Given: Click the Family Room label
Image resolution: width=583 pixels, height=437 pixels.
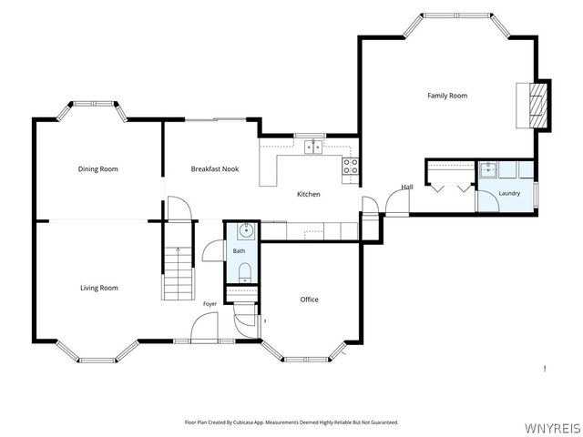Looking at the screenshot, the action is tap(447, 96).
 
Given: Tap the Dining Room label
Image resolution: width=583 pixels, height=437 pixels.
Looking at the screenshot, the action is tap(98, 169).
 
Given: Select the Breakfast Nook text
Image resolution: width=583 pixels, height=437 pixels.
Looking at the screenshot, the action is tap(215, 169).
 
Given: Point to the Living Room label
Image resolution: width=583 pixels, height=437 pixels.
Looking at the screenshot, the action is tap(99, 288).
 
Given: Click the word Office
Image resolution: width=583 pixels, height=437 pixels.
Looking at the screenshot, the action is tap(310, 300).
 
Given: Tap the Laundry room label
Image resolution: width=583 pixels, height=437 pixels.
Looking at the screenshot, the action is tap(509, 193).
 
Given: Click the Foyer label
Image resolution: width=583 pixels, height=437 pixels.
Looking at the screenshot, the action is tap(210, 304).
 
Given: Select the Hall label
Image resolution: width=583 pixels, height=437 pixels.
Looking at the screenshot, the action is tap(407, 187).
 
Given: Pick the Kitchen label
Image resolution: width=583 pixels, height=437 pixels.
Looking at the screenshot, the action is tap(309, 194).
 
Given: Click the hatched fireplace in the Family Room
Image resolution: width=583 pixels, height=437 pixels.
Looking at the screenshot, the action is tap(538, 106).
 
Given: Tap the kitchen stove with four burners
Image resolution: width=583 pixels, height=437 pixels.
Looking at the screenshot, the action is tap(351, 166).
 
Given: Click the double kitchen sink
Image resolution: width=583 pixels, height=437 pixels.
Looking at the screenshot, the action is tap(313, 147).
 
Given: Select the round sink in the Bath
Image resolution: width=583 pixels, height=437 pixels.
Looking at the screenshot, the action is tap(246, 230).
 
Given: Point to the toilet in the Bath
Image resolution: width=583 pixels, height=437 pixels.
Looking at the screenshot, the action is tap(244, 272).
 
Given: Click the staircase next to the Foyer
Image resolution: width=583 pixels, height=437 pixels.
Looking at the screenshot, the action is tap(179, 273).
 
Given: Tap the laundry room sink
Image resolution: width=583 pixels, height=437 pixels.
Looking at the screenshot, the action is tap(488, 169).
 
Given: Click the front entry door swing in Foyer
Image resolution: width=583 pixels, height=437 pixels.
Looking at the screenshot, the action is tap(204, 327).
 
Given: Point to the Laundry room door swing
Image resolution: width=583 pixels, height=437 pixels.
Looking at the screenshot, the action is tap(488, 201).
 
